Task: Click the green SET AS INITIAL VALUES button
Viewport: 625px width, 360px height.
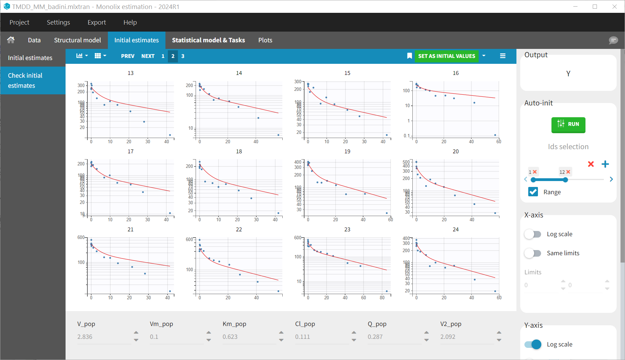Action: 446,56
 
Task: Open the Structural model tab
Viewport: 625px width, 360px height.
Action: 77,40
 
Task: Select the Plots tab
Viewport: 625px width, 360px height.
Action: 265,40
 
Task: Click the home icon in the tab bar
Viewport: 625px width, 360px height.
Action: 11,40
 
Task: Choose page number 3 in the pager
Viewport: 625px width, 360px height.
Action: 183,56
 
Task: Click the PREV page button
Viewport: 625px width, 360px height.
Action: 128,56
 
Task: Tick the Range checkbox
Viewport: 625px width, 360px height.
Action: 533,192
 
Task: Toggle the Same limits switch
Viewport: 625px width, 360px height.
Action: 533,253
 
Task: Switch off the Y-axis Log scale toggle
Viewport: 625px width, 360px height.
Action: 533,344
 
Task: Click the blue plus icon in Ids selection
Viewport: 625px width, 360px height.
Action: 605,164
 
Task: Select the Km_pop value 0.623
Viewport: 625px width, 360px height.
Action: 249,337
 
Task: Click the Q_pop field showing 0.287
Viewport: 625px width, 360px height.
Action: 394,337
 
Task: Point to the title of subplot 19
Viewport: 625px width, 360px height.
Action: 347,152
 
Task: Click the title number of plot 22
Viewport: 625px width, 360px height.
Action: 239,230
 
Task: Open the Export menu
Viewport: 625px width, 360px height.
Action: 96,23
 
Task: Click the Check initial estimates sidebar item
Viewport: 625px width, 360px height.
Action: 33,80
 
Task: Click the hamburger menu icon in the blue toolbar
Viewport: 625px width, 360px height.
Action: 503,56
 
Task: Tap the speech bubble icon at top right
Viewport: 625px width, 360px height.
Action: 613,40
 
